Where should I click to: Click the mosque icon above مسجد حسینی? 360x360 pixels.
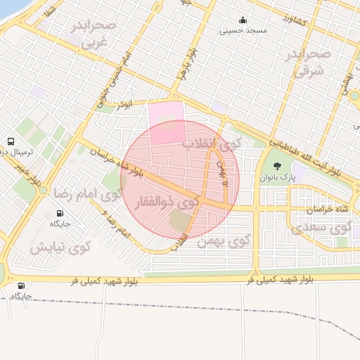tap(243, 20)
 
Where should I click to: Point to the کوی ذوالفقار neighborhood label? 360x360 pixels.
tap(172, 203)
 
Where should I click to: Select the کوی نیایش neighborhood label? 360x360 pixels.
tap(60, 247)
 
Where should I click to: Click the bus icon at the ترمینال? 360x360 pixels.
tap(11, 142)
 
